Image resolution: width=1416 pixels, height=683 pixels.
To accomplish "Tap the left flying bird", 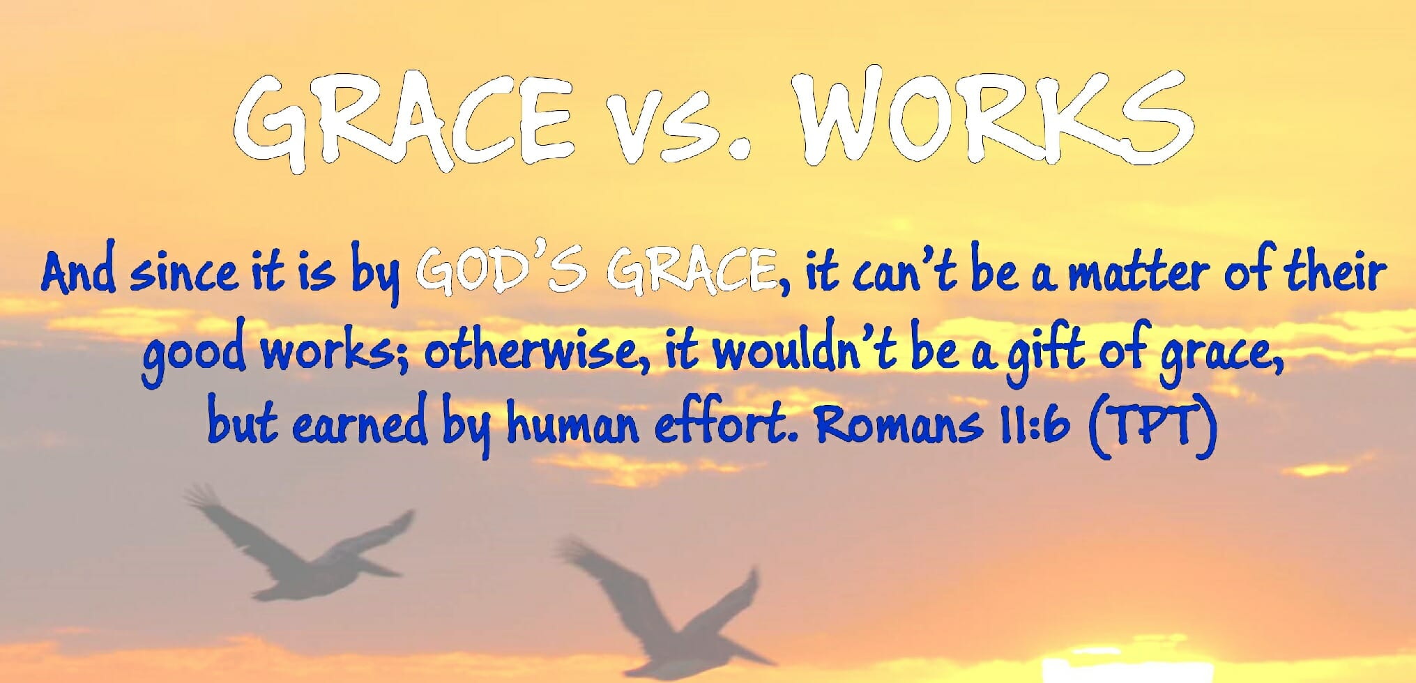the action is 300,544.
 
